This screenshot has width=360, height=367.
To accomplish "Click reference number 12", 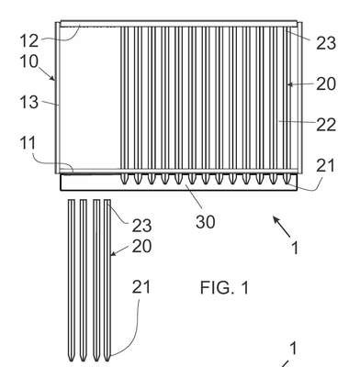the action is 29,40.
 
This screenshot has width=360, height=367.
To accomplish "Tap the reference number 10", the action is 29,61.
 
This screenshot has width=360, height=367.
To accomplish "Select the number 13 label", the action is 29,102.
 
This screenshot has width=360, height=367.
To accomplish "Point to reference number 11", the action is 28,143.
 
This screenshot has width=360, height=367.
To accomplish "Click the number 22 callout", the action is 326,125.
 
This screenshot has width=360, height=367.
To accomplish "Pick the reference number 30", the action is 206,222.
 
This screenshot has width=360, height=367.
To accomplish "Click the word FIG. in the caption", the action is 217,288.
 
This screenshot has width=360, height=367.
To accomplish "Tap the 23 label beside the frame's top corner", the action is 326,43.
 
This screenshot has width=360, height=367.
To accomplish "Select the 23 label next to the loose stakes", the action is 141,226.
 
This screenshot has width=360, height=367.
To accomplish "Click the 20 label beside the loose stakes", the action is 141,246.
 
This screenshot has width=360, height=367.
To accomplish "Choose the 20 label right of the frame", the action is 326,83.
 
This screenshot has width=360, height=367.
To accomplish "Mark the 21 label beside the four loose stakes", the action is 141,287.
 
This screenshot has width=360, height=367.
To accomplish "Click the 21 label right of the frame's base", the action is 325,166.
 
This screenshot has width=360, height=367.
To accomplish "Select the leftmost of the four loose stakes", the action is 72,281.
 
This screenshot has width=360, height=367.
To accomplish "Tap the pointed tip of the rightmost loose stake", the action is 107,361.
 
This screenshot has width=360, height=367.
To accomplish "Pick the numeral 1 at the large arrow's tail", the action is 295,248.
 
